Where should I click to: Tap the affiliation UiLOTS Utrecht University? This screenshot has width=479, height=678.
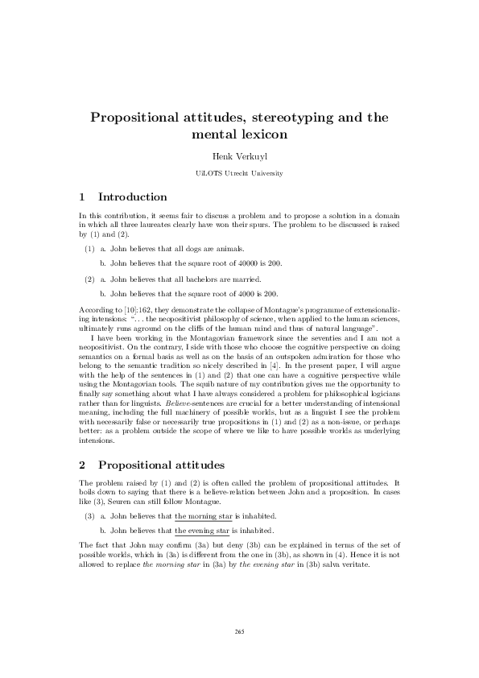(x=239, y=174)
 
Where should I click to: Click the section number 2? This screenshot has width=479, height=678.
(x=83, y=465)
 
